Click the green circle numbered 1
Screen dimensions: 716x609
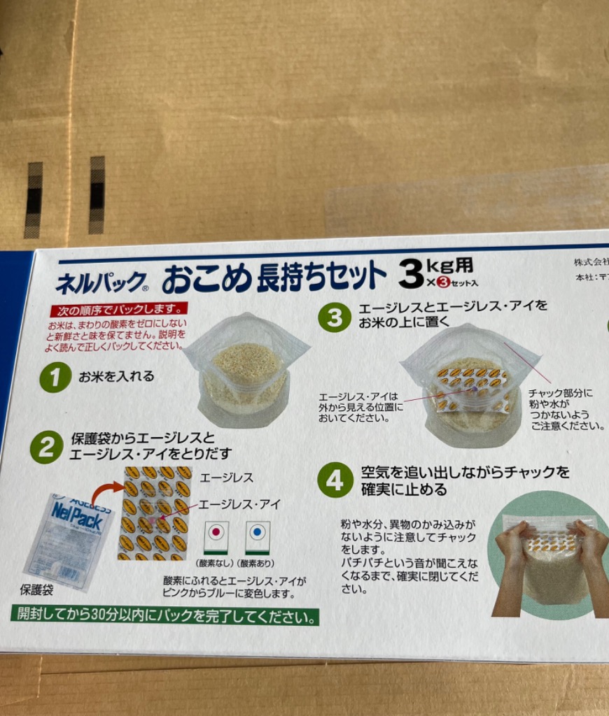55,378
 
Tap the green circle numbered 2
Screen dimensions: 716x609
46,448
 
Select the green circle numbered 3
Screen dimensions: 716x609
335,317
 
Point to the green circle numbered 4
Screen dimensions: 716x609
335,480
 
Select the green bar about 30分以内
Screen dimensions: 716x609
164,617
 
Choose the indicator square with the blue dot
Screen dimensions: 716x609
258,537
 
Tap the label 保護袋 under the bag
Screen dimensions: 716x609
36,592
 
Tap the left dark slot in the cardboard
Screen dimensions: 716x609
33,200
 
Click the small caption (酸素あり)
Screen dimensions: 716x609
255,564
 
